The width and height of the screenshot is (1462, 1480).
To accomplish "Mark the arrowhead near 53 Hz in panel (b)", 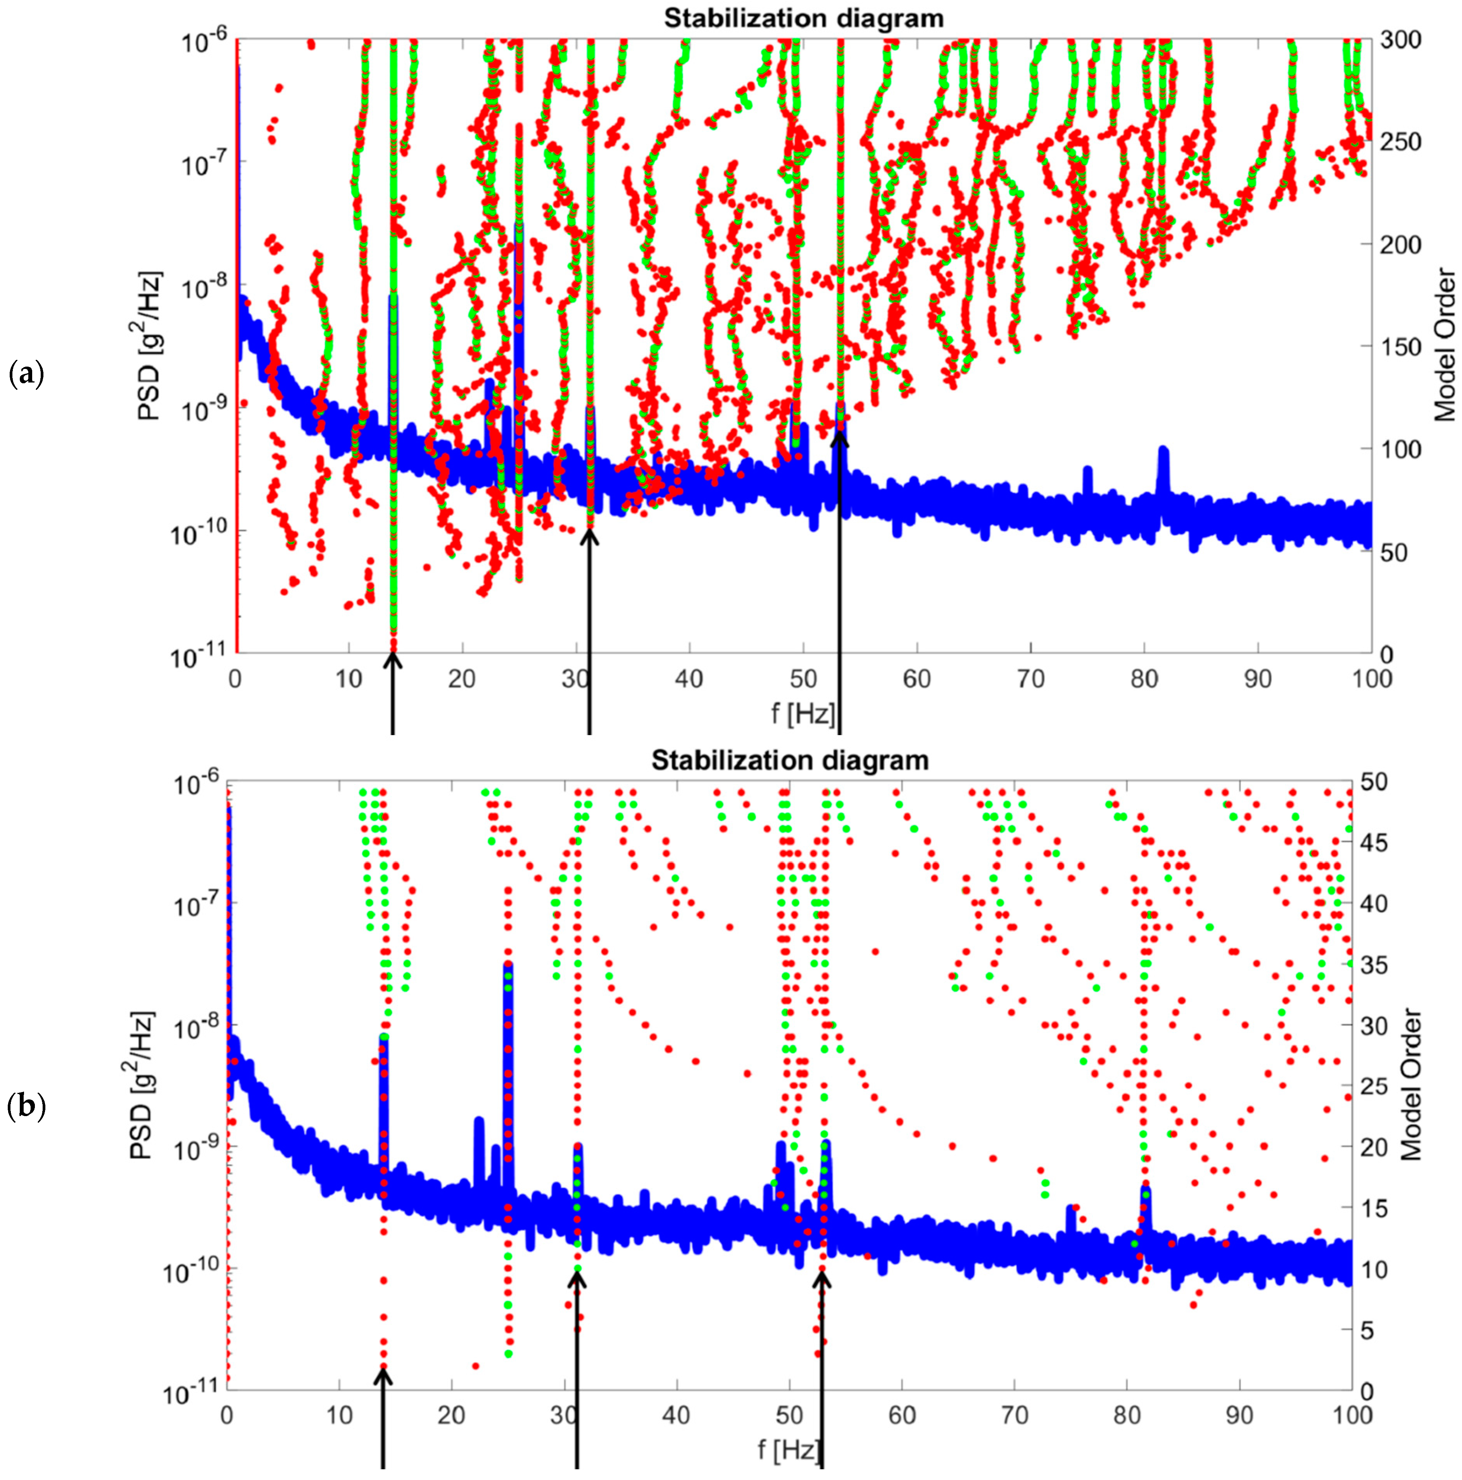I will [822, 1276].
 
